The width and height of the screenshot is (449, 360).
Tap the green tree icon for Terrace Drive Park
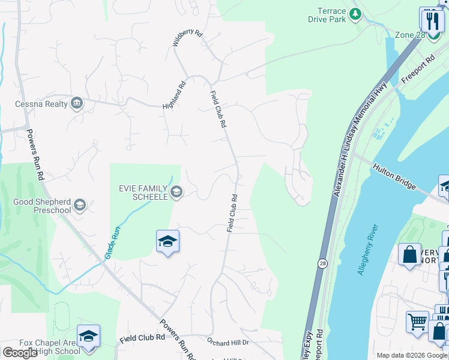[355, 13]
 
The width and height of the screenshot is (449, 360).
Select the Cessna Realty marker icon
[77, 104]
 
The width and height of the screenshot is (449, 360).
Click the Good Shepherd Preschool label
[42, 206]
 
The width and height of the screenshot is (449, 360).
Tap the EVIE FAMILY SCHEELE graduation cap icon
[176, 192]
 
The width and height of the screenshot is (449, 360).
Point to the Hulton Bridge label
[394, 176]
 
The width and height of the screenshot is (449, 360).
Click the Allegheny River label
[367, 250]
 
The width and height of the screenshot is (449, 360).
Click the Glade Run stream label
[112, 242]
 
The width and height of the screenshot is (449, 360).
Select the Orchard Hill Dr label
[228, 342]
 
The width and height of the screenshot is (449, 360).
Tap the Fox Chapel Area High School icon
[88, 336]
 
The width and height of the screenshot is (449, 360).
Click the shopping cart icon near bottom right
[417, 320]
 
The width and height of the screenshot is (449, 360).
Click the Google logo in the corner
[19, 353]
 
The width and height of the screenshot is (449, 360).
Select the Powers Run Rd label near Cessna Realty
[34, 155]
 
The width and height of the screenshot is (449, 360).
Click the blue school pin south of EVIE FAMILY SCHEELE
[168, 242]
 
